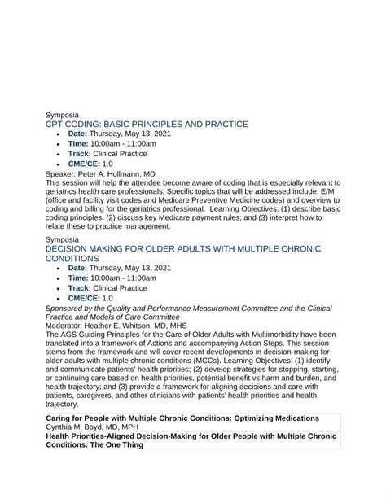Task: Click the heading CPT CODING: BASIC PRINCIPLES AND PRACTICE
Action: click(x=147, y=124)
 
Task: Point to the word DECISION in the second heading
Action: click(x=75, y=247)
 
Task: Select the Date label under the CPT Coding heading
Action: click(x=77, y=134)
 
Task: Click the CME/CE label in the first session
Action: click(x=84, y=164)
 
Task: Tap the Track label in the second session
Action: click(x=79, y=287)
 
